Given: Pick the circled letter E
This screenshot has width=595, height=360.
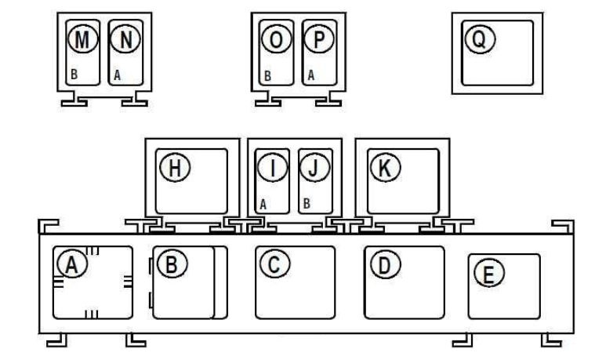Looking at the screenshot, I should [x=491, y=274].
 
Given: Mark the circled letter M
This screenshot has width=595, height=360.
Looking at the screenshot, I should [x=82, y=38].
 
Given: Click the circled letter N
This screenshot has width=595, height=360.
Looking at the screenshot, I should [x=125, y=38].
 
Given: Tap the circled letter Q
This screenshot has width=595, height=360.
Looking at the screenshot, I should [x=476, y=38].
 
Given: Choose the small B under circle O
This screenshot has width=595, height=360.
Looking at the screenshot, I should [x=267, y=76].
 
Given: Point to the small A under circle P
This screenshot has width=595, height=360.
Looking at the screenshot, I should [x=310, y=76].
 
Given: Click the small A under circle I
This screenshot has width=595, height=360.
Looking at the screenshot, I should [x=264, y=203].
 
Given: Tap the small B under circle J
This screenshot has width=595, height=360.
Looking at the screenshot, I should [x=307, y=203].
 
